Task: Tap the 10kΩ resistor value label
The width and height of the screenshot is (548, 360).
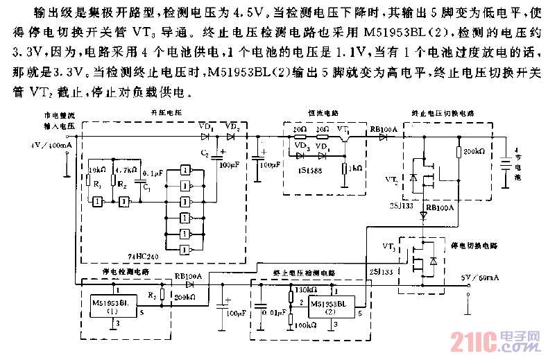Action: pyautogui.click(x=96, y=169)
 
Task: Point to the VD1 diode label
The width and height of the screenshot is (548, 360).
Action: pyautogui.click(x=206, y=127)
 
